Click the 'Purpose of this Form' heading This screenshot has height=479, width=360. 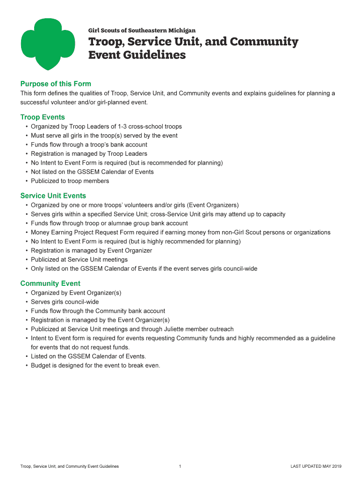tap(56, 84)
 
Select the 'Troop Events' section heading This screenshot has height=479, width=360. tap(43, 117)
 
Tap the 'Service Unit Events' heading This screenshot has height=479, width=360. tap(53, 196)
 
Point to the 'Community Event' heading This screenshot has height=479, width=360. tap(50, 283)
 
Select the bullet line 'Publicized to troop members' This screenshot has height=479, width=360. tap(70, 181)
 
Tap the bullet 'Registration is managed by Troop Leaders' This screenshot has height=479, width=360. tap(89, 153)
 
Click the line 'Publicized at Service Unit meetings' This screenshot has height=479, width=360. tap(79, 260)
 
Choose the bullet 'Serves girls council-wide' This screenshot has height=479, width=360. tap(65, 302)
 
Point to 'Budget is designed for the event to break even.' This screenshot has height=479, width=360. tap(95, 365)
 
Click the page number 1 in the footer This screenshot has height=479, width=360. tap(180, 466)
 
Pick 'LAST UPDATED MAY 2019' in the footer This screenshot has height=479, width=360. tap(316, 466)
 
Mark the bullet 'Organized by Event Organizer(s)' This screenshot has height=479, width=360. tap(76, 293)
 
